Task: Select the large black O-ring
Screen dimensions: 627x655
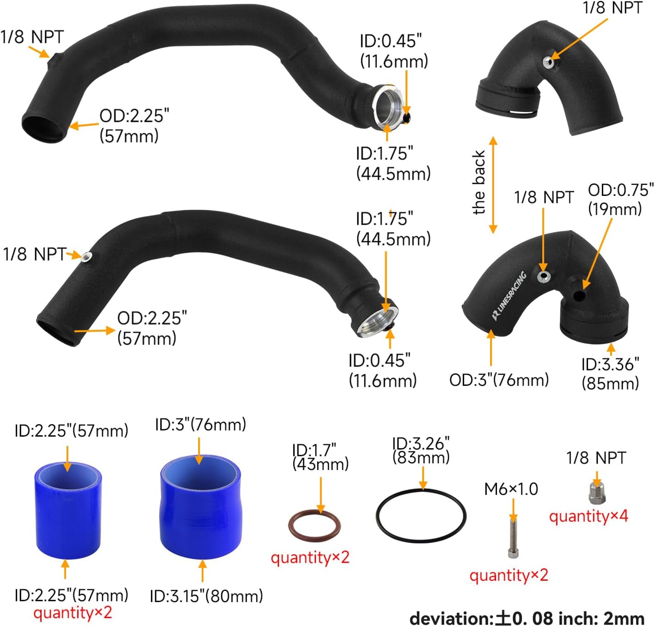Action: click(421, 516)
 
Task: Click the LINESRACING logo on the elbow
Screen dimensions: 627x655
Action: click(509, 296)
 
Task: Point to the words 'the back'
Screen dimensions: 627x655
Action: click(479, 183)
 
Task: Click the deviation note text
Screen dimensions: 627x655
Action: click(527, 618)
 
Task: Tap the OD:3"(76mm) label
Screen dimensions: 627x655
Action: click(499, 380)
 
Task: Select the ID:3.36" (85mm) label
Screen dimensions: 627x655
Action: click(610, 373)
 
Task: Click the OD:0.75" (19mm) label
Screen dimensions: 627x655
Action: click(620, 199)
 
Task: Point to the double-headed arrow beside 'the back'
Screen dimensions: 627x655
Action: click(493, 184)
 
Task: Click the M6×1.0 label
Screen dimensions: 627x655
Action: click(511, 489)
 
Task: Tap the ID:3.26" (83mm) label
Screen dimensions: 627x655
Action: click(421, 450)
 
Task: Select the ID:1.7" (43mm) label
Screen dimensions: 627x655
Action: click(320, 457)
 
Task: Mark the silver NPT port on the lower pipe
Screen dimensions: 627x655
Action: click(86, 256)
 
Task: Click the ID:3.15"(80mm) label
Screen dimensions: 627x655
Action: click(206, 596)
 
